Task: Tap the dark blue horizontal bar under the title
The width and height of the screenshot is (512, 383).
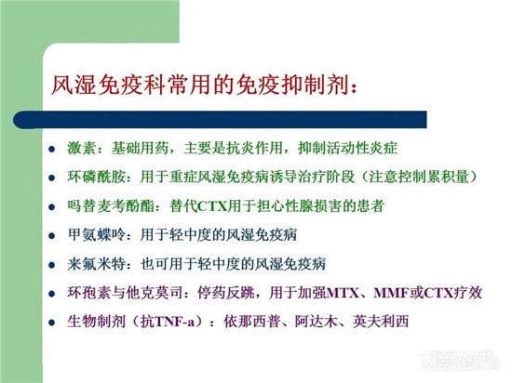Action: coord(220,120)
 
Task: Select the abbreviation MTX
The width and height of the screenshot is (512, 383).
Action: coord(343,293)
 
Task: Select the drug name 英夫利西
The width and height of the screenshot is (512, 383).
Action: coord(381,322)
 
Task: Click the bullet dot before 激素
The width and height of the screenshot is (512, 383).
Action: coord(51,150)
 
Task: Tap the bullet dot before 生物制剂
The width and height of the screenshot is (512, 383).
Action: coord(51,323)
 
